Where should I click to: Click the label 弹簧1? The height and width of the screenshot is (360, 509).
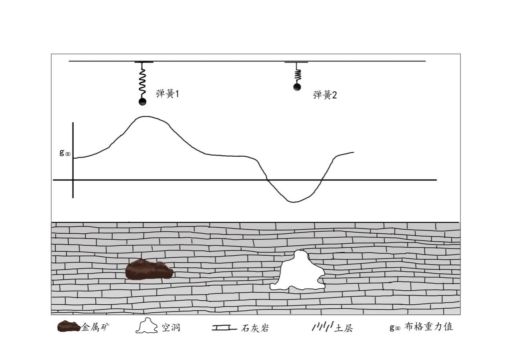click(167, 94)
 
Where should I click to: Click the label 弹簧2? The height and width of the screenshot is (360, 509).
click(325, 95)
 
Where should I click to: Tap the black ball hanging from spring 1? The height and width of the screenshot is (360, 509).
click(142, 102)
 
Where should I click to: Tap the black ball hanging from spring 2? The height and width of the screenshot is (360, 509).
click(297, 87)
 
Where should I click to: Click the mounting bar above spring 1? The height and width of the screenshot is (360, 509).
click(143, 63)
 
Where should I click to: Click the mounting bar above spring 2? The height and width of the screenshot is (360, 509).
click(296, 63)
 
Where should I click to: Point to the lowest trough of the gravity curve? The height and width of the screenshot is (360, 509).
click(293, 202)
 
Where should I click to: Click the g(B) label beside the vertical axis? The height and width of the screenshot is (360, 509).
click(65, 153)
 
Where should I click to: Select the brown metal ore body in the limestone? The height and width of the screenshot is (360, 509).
click(149, 269)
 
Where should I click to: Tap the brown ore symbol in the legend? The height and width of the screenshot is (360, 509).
click(69, 327)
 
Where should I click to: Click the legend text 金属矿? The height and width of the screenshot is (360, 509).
click(95, 327)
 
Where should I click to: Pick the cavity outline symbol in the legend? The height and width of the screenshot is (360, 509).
click(147, 327)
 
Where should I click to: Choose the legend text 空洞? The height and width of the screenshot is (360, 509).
click(171, 328)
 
